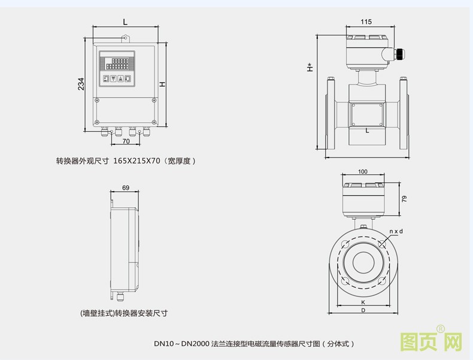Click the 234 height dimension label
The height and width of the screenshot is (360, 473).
(x=81, y=84)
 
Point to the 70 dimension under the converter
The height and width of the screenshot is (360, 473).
(x=126, y=142)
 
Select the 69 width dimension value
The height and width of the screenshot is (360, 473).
(x=125, y=187)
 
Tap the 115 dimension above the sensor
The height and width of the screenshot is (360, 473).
(x=366, y=22)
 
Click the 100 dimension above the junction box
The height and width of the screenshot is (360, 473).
(x=363, y=172)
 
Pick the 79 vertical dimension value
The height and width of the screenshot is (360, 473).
(x=404, y=199)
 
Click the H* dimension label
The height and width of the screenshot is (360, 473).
(x=310, y=67)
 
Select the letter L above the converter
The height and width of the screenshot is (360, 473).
(x=125, y=22)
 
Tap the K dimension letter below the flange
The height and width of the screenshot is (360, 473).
(x=363, y=302)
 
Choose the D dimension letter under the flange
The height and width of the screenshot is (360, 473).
(x=363, y=310)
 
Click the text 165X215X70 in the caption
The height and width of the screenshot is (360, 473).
(x=137, y=161)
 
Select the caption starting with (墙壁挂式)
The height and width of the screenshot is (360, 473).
(x=124, y=313)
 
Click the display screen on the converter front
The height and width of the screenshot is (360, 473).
(x=117, y=62)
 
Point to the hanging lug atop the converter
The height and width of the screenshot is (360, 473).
(x=125, y=39)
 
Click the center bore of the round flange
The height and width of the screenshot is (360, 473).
(x=363, y=262)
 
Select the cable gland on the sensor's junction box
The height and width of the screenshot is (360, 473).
(x=397, y=54)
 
